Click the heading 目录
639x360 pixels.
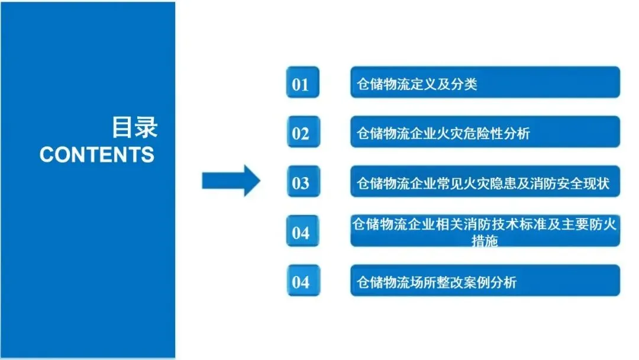(x=134, y=127)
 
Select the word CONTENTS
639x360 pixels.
(x=96, y=155)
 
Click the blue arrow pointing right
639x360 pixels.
(x=231, y=181)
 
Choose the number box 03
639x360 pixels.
(x=301, y=183)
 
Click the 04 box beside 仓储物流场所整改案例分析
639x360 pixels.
(x=301, y=282)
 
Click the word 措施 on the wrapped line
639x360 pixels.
(x=485, y=241)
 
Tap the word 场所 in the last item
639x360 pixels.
(x=417, y=282)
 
